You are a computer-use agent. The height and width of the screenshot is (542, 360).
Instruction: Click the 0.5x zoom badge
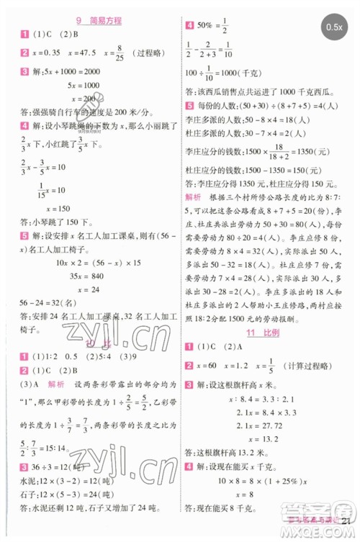333,27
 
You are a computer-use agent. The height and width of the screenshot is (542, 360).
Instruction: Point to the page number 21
349,531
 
